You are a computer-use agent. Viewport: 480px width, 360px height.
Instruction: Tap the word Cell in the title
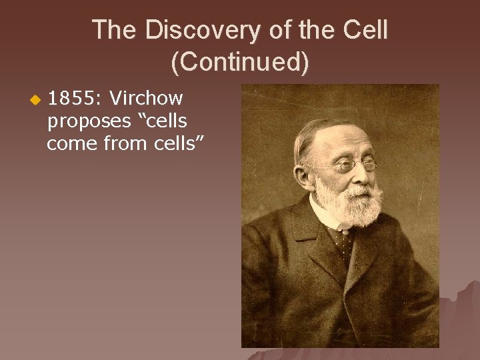click(x=365, y=30)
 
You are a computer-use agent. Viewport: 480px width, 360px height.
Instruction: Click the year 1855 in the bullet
click(x=71, y=99)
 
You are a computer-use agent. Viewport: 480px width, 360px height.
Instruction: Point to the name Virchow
click(x=147, y=99)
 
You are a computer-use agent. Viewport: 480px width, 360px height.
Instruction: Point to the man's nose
click(x=360, y=175)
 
